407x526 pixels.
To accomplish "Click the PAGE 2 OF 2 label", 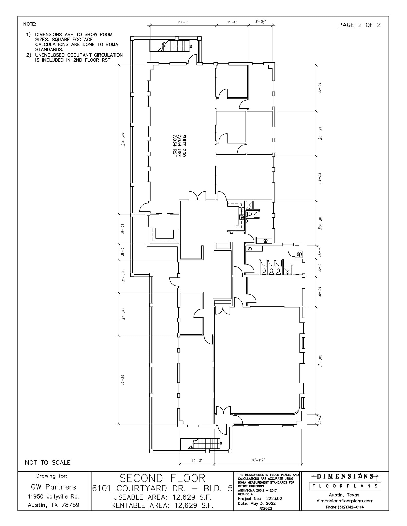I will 359,25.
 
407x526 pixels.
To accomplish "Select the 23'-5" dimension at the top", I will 183,22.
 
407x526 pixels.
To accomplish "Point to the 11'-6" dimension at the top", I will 232,22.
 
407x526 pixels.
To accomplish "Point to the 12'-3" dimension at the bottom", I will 197,461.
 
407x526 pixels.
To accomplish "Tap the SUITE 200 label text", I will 184,146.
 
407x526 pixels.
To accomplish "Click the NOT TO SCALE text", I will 48,463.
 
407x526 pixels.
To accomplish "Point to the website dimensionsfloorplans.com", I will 345,501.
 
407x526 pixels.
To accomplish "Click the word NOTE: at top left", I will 30,24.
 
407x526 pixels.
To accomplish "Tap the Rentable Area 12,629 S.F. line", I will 162,505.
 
